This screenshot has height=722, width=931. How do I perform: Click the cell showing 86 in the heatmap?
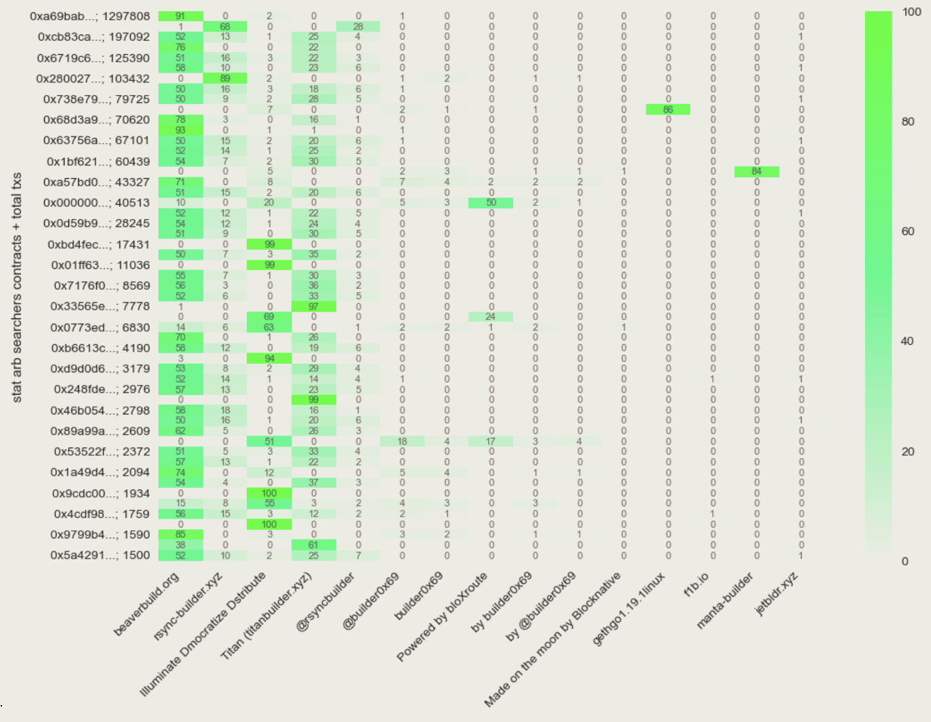pos(667,109)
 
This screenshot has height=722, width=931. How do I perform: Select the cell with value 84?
pos(757,172)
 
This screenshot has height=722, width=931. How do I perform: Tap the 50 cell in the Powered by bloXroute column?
pos(491,203)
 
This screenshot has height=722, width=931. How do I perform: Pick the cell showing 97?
pos(314,307)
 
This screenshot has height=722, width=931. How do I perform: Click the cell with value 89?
pos(225,79)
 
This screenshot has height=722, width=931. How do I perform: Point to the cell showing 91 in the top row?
pos(181,16)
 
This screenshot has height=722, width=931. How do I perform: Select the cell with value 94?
pos(269,358)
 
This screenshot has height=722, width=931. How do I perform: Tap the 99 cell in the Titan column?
pos(314,400)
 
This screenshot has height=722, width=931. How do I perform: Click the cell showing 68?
pos(225,27)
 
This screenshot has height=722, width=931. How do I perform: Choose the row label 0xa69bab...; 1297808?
pos(89,16)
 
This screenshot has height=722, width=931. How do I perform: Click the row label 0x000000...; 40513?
pos(96,203)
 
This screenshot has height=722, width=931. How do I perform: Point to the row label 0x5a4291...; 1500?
pos(100,555)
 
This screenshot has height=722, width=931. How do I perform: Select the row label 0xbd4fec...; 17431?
pos(98,244)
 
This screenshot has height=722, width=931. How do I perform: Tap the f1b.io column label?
pos(696,584)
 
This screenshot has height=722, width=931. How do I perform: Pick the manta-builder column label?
pos(724,600)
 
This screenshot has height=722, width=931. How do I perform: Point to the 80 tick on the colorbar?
pos(908,122)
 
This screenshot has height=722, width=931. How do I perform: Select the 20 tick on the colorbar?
pos(908,452)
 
